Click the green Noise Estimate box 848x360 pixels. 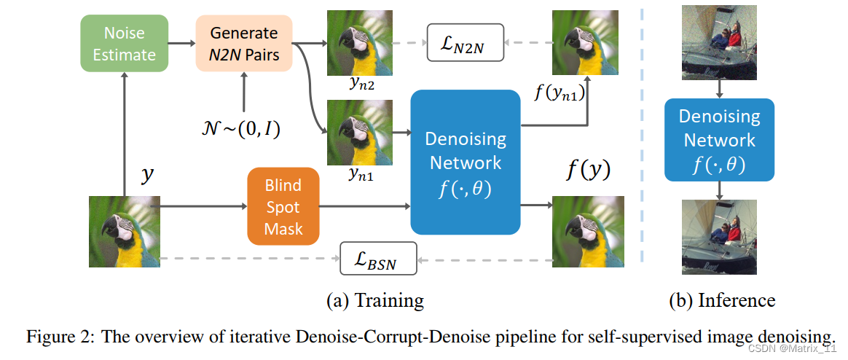125,43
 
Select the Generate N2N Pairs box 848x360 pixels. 243,43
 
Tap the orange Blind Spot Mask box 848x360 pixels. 283,207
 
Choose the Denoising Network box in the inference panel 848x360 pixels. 719,139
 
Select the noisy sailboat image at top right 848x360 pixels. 719,42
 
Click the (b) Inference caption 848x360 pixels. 722,300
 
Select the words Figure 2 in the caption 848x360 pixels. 60,336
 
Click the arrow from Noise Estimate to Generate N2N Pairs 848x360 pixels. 181,43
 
